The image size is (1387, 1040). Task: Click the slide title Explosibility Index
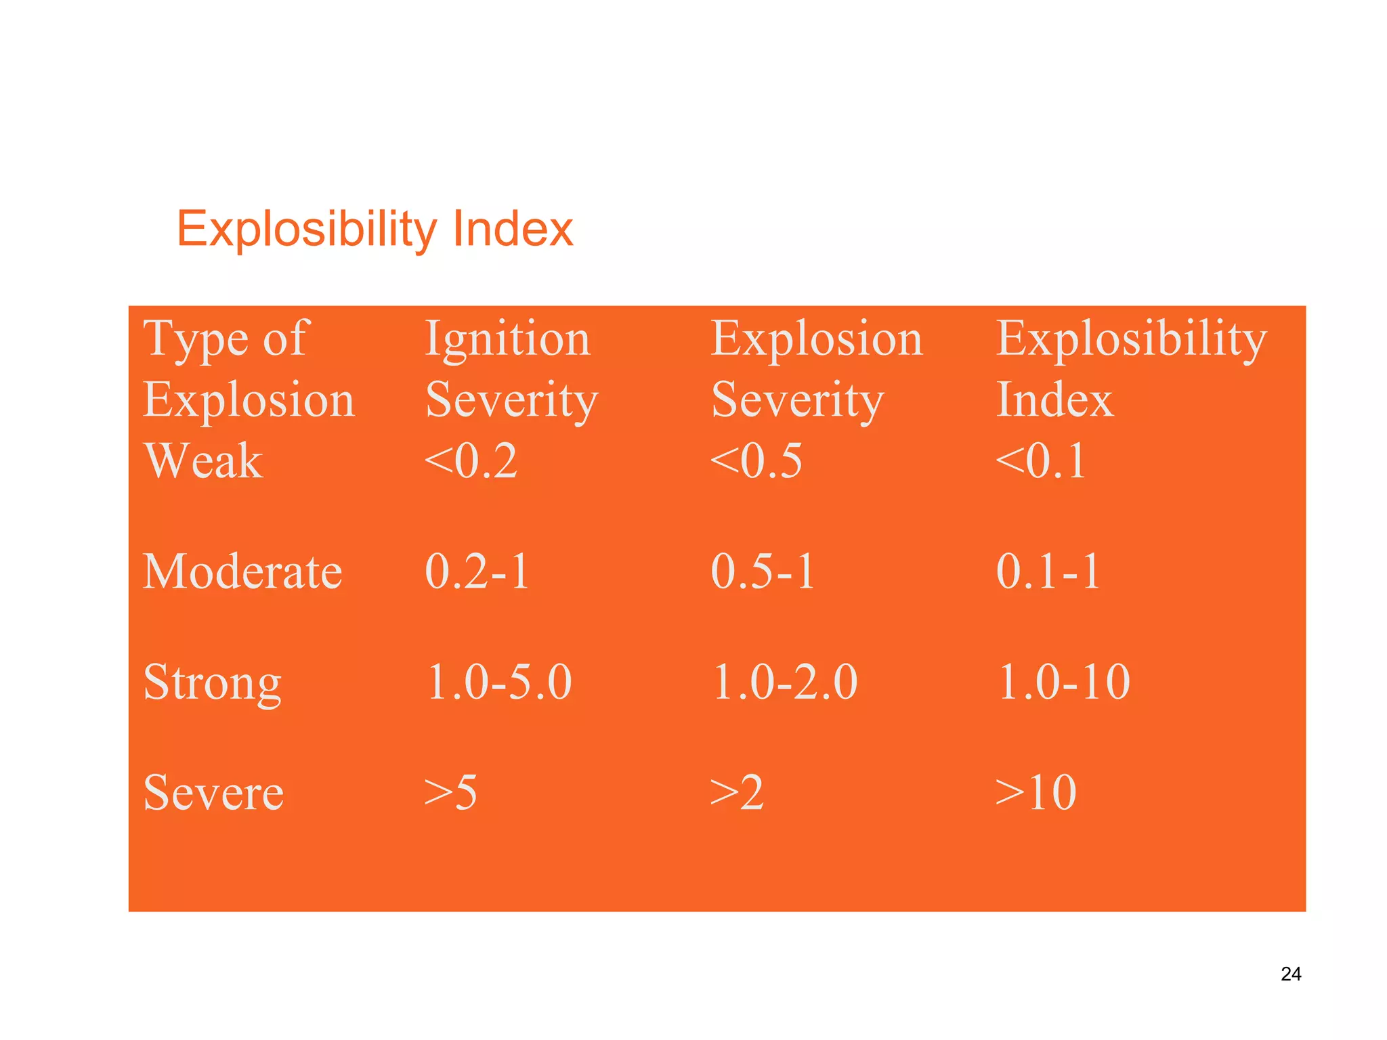(375, 229)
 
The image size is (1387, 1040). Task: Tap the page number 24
(1291, 974)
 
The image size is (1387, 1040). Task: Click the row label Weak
(203, 461)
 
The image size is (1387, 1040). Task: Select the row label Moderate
(242, 571)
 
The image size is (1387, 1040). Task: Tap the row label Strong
(212, 682)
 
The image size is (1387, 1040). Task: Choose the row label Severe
(213, 792)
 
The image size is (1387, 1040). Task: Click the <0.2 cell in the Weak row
(471, 461)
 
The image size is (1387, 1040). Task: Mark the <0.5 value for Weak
(756, 461)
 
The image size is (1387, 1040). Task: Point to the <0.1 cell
(1041, 461)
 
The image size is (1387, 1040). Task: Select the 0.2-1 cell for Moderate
(477, 571)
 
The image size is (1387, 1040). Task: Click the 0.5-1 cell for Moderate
(763, 571)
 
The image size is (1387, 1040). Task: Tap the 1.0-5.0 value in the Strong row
(499, 682)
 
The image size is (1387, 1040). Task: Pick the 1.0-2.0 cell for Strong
(785, 682)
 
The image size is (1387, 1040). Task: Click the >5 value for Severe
(450, 792)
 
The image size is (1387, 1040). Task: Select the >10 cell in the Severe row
(1036, 792)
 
